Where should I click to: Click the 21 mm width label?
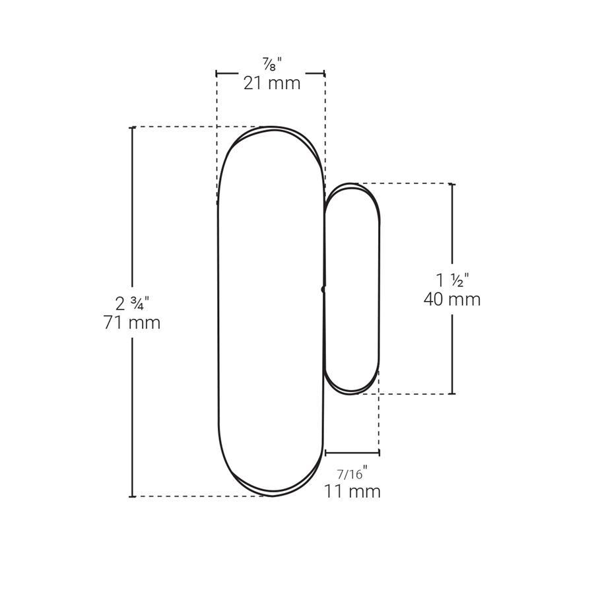tap(272, 83)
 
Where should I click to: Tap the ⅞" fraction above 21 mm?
tap(273, 63)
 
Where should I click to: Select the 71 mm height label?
tap(132, 323)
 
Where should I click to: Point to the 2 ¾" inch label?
tap(132, 304)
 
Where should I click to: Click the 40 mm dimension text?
tap(452, 299)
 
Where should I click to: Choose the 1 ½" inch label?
tap(452, 280)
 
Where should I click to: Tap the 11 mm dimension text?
tap(352, 491)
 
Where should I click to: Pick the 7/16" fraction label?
tap(352, 473)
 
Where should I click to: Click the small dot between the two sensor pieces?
tap(323, 290)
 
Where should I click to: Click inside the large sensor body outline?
tap(271, 311)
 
